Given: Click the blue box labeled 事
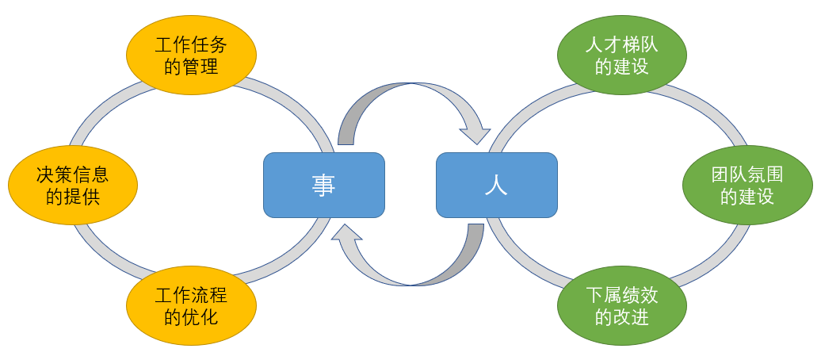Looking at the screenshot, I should [324, 185].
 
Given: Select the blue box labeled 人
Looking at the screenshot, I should [496, 185].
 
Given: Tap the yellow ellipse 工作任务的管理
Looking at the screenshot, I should [191, 56].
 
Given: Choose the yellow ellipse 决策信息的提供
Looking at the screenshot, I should [73, 185].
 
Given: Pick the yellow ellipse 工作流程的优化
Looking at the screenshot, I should [191, 307].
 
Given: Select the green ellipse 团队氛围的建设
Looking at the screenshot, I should [747, 185].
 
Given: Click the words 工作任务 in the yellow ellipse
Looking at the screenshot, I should [191, 46].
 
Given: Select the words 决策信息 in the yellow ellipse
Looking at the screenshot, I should [73, 174].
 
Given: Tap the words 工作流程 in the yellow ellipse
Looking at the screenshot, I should [191, 297].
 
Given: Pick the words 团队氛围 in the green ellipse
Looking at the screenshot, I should [747, 174].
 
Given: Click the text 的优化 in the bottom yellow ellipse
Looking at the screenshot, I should [191, 318].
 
